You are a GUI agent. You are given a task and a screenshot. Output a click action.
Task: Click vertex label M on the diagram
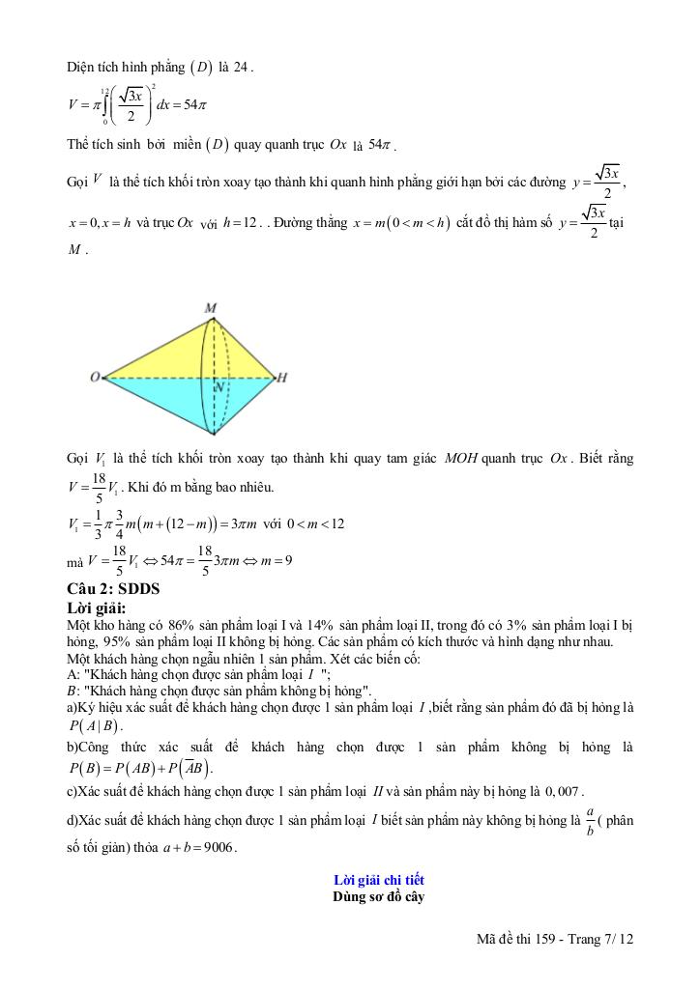[211, 308]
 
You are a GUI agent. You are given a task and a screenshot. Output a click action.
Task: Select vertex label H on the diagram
[281, 378]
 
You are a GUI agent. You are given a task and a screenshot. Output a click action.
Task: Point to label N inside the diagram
[220, 386]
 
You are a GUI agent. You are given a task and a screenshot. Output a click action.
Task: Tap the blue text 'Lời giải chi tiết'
[378, 880]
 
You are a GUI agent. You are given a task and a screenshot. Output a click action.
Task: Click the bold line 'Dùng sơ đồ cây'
[378, 896]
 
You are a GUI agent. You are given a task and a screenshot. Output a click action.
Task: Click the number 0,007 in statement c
[565, 791]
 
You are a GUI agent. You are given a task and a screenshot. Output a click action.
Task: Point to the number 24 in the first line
[242, 67]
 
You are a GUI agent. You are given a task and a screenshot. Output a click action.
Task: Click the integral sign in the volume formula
[105, 105]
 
